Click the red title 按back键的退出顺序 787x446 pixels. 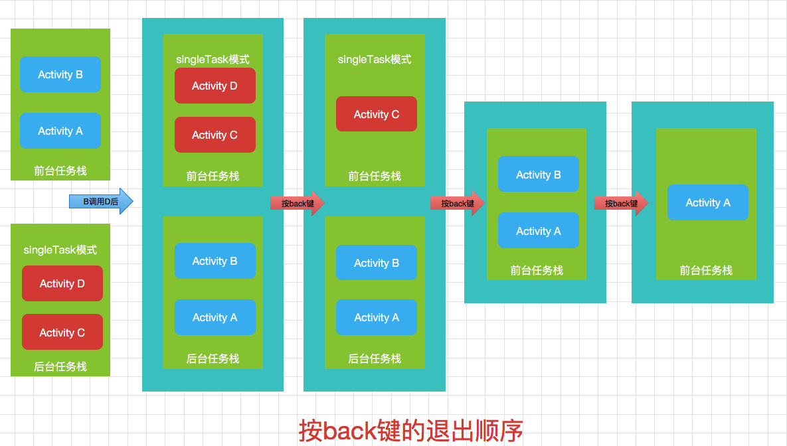tap(410, 430)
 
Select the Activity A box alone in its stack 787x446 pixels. tap(707, 202)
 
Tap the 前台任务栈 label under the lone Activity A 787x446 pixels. tap(706, 271)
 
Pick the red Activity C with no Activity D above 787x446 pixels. tap(376, 114)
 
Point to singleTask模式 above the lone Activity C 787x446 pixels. tap(375, 60)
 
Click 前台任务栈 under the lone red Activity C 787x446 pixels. tap(375, 177)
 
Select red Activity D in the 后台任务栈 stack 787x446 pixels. tap(62, 283)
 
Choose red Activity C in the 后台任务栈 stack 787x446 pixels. tap(62, 333)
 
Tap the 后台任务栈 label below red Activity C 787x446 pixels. tap(60, 367)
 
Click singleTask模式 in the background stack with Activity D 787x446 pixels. tap(60, 250)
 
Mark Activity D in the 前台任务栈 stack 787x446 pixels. tap(215, 86)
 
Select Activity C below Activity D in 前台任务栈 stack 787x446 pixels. tap(215, 135)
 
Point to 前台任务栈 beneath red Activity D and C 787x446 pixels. tap(213, 177)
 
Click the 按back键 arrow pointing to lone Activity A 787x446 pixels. tap(621, 203)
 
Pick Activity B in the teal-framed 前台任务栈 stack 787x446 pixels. tap(538, 175)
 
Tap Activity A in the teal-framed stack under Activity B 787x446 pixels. tap(538, 231)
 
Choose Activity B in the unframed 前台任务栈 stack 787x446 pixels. tap(60, 74)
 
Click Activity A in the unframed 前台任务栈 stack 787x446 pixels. tap(60, 131)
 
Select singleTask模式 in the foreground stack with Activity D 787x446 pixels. tap(213, 60)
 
